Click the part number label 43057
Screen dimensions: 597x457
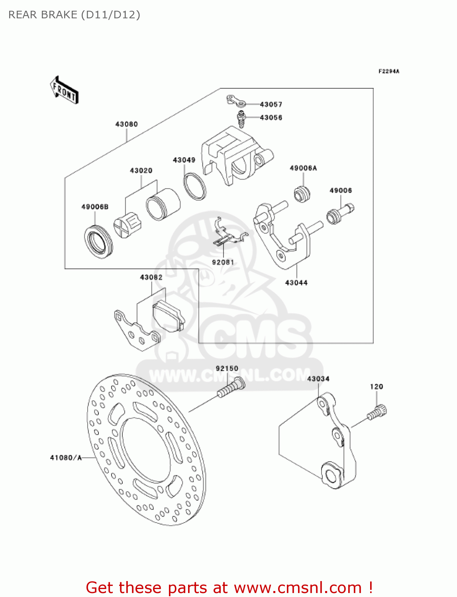pyautogui.click(x=271, y=104)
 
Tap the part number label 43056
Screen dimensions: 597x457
pyautogui.click(x=271, y=117)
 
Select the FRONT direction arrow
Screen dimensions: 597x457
pyautogui.click(x=64, y=90)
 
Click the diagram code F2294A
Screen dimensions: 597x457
pyautogui.click(x=388, y=71)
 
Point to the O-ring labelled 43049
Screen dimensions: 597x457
pyautogui.click(x=195, y=186)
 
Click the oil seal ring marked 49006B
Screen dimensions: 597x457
pyautogui.click(x=98, y=241)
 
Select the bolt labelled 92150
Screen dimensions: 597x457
pyautogui.click(x=231, y=387)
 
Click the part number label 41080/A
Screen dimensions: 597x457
pyautogui.click(x=66, y=458)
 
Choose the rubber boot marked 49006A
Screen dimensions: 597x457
pyautogui.click(x=302, y=194)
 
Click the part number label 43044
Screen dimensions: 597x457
pyautogui.click(x=296, y=283)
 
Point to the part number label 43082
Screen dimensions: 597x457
pyautogui.click(x=151, y=277)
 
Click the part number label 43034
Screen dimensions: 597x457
pyautogui.click(x=318, y=378)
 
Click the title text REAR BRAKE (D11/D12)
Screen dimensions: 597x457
pyautogui.click(x=74, y=15)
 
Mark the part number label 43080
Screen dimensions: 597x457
pyautogui.click(x=126, y=124)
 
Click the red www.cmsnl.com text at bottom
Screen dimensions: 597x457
pyautogui.click(x=298, y=587)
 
